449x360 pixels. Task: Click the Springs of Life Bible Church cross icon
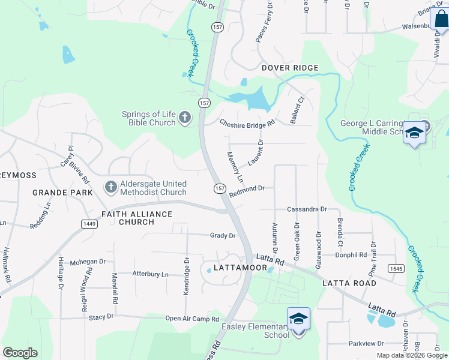(x=185, y=118)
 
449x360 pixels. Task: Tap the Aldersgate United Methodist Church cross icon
(x=110, y=188)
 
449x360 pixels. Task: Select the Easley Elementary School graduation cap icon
(x=298, y=319)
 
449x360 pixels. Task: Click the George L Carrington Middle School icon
(x=414, y=133)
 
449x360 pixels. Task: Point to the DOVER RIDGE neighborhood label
(x=289, y=68)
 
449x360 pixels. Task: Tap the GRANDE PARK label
(x=63, y=193)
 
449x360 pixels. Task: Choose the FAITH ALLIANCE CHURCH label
(x=136, y=218)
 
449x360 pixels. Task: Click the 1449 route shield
(x=87, y=223)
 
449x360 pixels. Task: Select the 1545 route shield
(x=395, y=268)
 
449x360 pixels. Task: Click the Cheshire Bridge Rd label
(x=247, y=123)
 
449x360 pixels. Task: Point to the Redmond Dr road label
(x=247, y=189)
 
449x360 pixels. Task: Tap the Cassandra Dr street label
(x=306, y=209)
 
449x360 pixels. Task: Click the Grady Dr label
(x=222, y=236)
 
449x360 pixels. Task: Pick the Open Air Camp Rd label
(x=192, y=319)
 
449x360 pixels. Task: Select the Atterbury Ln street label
(x=150, y=274)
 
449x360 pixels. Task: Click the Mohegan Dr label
(x=88, y=262)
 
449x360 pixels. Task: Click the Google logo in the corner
(x=20, y=353)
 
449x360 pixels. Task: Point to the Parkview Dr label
(x=366, y=343)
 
